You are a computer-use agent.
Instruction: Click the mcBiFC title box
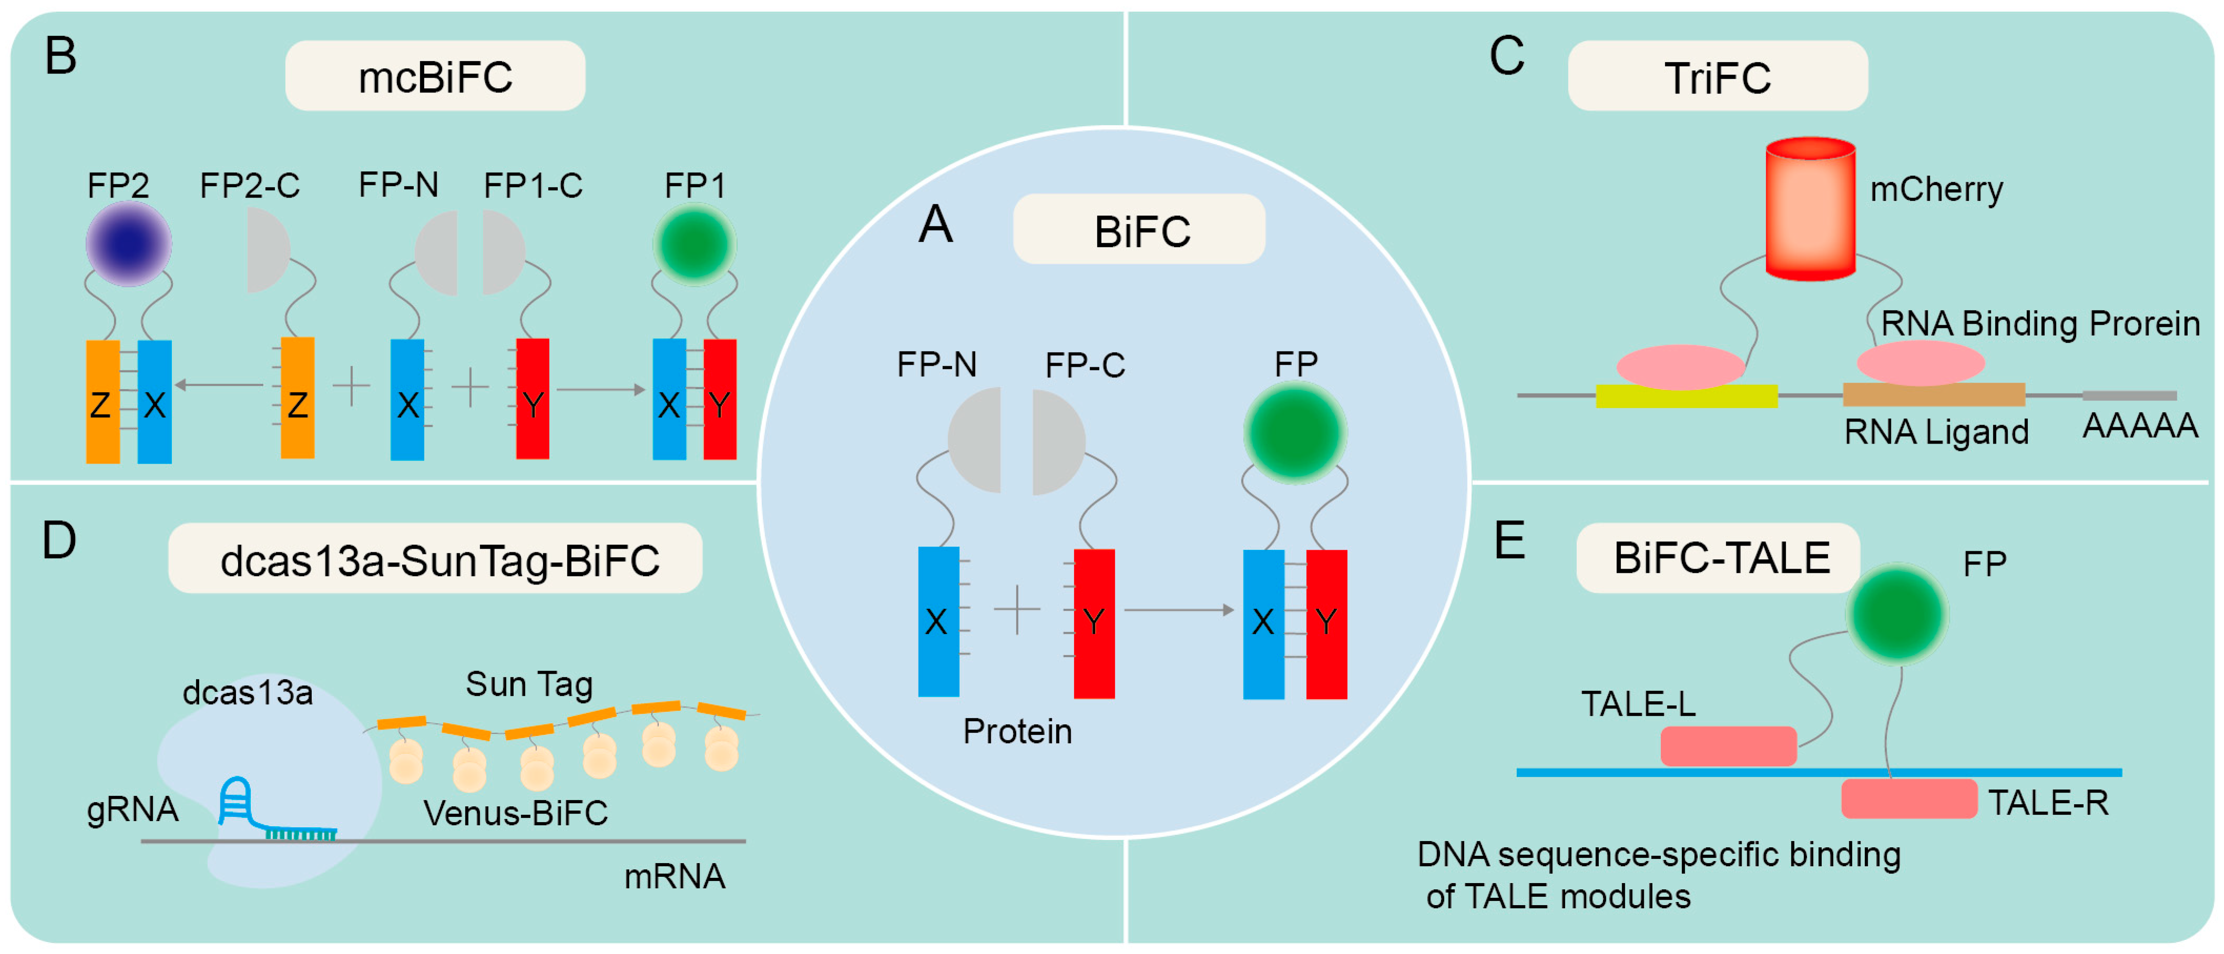coord(435,76)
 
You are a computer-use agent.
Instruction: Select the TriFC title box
coord(1717,77)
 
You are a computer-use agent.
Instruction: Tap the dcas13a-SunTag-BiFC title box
coord(436,559)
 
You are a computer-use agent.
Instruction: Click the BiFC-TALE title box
coord(1719,558)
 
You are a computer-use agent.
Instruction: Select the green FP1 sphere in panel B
coord(694,244)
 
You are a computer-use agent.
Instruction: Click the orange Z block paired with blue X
coord(103,402)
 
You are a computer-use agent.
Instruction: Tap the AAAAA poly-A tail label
coord(2139,426)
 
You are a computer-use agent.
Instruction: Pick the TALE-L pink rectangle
coord(1728,746)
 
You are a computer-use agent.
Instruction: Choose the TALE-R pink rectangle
coord(1909,798)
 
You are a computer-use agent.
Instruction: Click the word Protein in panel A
coord(1017,731)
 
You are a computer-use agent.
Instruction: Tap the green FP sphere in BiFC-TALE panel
coord(1897,614)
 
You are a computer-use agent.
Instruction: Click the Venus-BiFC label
coord(515,813)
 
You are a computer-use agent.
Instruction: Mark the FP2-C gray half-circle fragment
coord(266,250)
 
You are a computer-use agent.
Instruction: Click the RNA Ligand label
coord(1936,432)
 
